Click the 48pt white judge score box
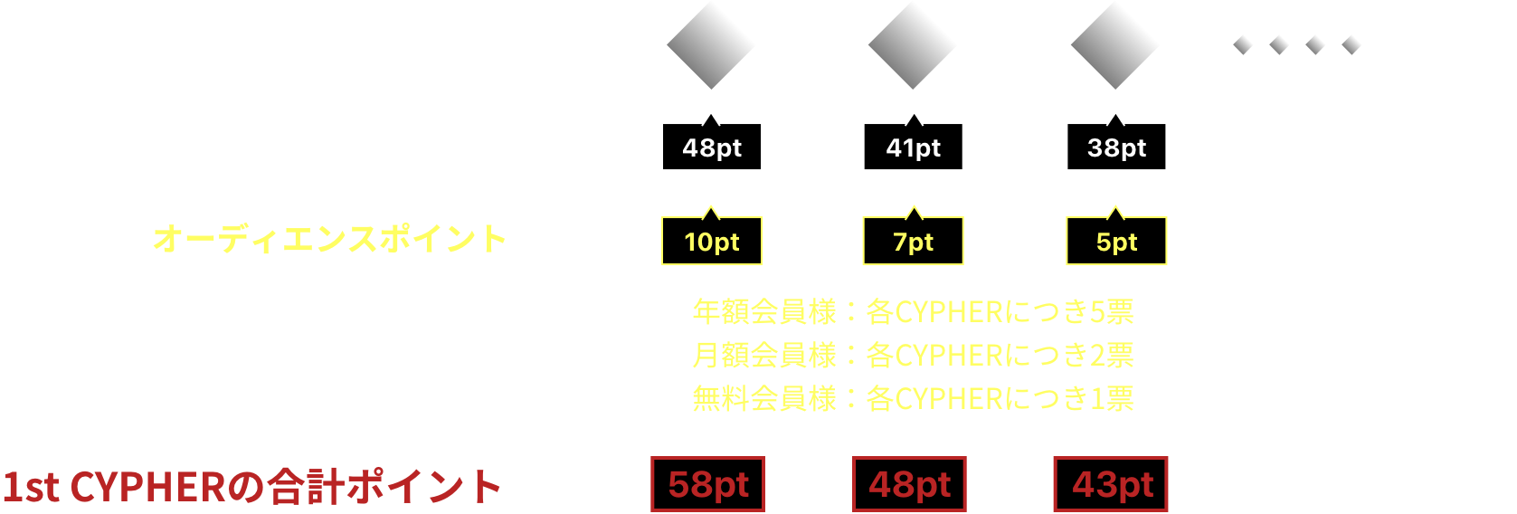point(712,147)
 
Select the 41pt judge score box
point(913,147)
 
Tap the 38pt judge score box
point(1116,147)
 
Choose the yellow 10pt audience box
point(712,242)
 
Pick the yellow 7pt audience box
point(913,242)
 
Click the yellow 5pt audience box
point(1116,242)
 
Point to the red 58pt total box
point(707,484)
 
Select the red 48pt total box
point(909,484)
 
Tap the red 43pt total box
point(1111,484)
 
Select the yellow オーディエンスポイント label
point(329,239)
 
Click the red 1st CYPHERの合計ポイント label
point(251,486)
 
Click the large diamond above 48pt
point(711,45)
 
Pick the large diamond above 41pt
point(913,45)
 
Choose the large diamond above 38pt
point(1115,45)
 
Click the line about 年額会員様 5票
point(913,311)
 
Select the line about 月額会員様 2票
point(913,355)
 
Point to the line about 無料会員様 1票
point(913,398)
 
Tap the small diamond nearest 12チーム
point(1351,44)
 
